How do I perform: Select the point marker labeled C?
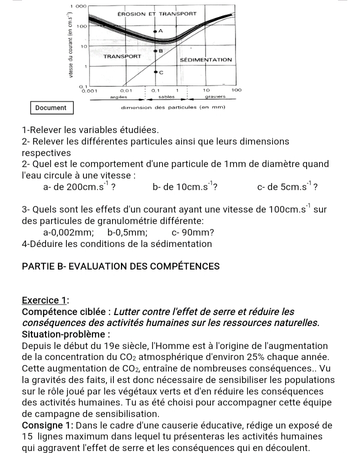155,72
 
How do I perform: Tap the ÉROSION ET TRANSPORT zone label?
156,14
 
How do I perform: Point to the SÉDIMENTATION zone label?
205,59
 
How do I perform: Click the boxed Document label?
51,107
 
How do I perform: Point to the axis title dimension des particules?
174,107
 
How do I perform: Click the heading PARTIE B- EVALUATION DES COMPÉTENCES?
121,266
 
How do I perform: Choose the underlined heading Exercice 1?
45,300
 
